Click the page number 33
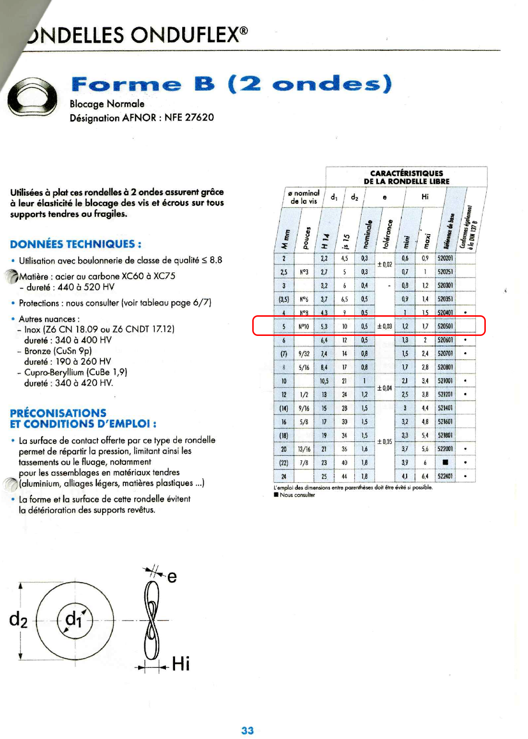247,730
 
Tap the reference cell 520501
445,326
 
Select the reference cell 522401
445,477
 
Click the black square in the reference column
445,463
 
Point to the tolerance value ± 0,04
385,388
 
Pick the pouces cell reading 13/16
304,449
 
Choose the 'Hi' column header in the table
425,197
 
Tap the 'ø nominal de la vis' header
304,197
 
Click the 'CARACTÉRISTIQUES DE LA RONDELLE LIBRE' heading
407,177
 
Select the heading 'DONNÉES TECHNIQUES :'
76,244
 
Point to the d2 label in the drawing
18,620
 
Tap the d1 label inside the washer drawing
74,619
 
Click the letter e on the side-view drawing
172,576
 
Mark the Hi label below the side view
181,664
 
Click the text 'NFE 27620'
189,118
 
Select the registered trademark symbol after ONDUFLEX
244,31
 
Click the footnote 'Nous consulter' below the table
297,495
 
